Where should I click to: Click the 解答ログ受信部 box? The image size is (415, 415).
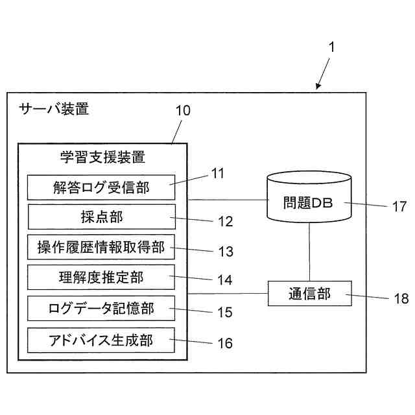[x=101, y=187]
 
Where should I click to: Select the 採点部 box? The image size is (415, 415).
[x=102, y=217]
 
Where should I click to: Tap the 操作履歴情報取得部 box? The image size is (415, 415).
[x=101, y=247]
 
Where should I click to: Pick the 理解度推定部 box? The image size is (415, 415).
[x=101, y=277]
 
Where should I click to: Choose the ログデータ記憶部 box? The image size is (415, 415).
[x=101, y=309]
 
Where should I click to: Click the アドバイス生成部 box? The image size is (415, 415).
[x=101, y=340]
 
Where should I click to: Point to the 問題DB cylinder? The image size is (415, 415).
[x=309, y=197]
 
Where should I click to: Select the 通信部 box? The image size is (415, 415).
[x=310, y=294]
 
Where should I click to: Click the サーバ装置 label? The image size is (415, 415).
[x=54, y=109]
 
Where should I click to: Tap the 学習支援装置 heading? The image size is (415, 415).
[x=102, y=157]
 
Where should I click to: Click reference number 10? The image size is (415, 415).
[x=183, y=110]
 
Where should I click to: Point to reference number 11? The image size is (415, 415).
[x=218, y=173]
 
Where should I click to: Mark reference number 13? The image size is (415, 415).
[x=226, y=251]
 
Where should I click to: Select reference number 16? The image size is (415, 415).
[x=225, y=343]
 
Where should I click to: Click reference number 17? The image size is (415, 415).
[x=399, y=206]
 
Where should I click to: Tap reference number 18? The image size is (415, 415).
[x=401, y=298]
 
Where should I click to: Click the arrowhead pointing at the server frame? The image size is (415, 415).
[x=318, y=86]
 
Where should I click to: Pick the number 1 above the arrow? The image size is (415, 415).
[x=331, y=47]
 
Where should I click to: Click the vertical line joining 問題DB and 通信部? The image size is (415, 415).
[x=309, y=252]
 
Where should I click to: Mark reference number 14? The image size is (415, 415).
[x=225, y=280]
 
